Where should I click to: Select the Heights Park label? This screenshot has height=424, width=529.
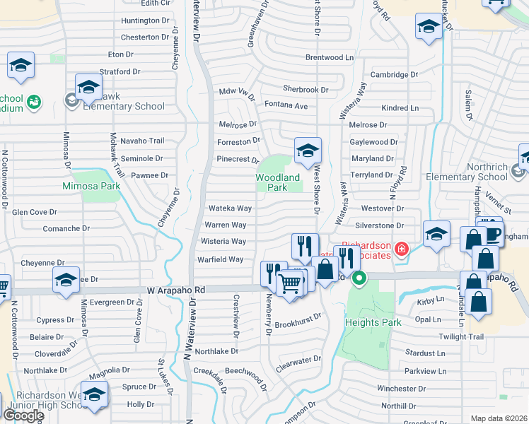click(x=373, y=322)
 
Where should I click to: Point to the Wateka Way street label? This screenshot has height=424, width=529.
click(x=230, y=208)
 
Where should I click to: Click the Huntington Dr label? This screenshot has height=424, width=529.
click(x=146, y=20)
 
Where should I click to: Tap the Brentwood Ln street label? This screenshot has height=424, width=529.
click(x=329, y=57)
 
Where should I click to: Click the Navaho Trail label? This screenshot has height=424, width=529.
click(x=141, y=141)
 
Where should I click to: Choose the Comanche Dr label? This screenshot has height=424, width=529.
click(x=66, y=228)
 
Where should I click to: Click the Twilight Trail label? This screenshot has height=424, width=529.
click(x=461, y=336)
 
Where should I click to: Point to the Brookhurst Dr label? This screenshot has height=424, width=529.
click(x=298, y=325)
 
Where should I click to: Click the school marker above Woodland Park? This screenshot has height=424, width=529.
click(x=308, y=151)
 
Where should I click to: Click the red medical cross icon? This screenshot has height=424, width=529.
click(x=402, y=248)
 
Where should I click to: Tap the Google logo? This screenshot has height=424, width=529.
click(x=23, y=415)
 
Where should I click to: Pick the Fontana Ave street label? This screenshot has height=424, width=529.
click(x=286, y=105)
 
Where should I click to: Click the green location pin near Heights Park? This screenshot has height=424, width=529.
click(x=359, y=278)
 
